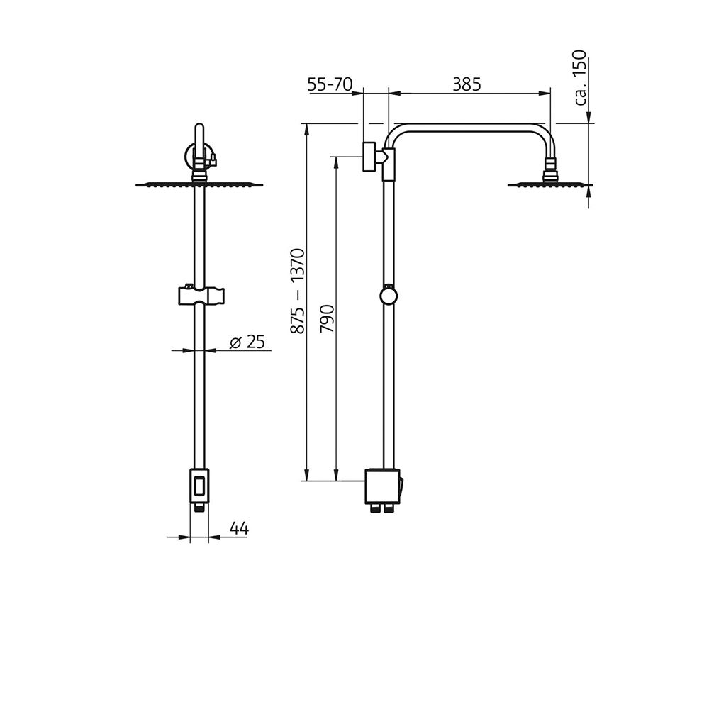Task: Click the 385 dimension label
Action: click(x=467, y=84)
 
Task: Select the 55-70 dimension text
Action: click(x=330, y=84)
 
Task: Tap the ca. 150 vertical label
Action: click(x=580, y=77)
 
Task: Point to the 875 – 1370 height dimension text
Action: click(x=297, y=291)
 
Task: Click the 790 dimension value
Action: click(x=327, y=318)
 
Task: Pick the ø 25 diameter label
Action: click(x=247, y=342)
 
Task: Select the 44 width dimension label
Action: click(x=239, y=527)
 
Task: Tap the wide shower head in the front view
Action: click(x=199, y=185)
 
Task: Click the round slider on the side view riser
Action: click(x=389, y=296)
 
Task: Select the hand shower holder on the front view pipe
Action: click(x=200, y=294)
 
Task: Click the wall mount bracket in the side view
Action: click(x=370, y=157)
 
